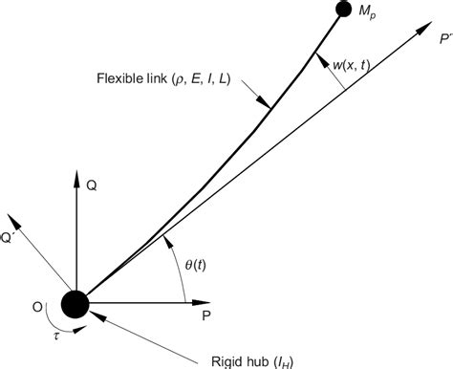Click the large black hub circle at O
[75, 304]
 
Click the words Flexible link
[127, 77]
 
